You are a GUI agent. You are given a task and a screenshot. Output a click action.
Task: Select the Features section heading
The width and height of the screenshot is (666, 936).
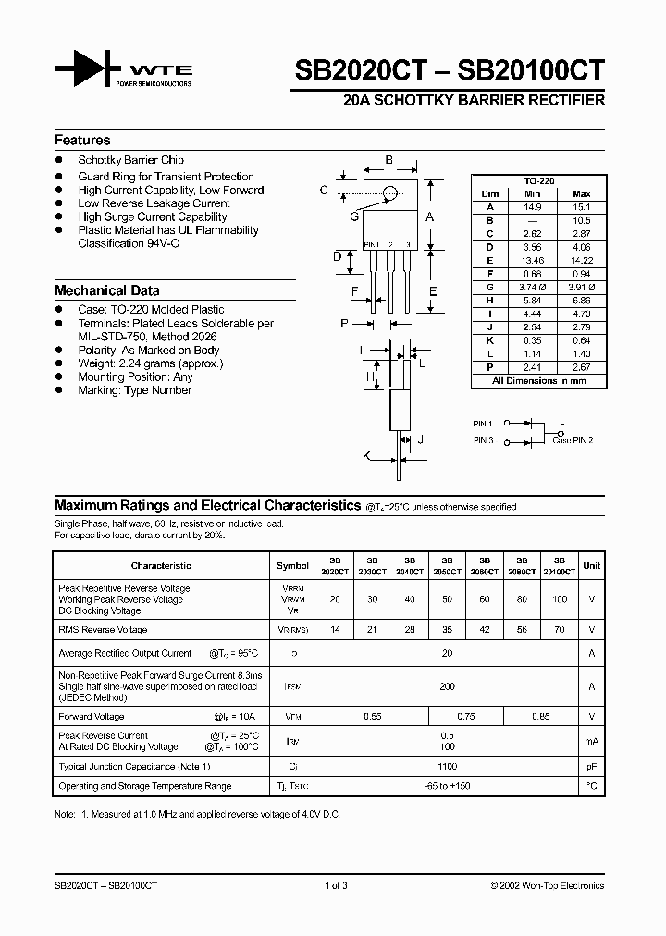point(82,141)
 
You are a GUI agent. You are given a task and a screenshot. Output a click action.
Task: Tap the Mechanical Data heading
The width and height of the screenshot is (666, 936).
point(106,290)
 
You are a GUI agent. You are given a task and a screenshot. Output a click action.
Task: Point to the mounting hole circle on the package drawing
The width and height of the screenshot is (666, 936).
point(390,193)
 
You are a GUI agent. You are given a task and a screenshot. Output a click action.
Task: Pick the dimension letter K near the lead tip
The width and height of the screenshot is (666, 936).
point(366,457)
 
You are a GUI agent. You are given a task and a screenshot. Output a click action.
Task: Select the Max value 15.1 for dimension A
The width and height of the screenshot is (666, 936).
point(582,207)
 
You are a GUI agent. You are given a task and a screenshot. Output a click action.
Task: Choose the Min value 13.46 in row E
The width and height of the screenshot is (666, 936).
point(533,261)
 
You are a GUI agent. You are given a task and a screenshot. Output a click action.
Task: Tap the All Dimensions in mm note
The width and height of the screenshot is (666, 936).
point(538,381)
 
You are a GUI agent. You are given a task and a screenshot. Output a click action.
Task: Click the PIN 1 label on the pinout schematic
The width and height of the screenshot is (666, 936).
point(483,423)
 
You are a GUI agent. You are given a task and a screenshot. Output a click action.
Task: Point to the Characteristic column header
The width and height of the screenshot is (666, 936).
point(161,565)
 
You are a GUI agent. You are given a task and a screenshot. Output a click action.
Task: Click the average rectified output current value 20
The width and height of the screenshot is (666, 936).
point(447,653)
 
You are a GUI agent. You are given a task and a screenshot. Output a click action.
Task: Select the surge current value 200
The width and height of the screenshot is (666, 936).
point(447,687)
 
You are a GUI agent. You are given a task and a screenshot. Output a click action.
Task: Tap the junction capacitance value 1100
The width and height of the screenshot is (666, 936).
point(447,767)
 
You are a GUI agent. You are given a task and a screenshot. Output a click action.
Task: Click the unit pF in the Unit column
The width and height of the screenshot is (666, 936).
point(591,767)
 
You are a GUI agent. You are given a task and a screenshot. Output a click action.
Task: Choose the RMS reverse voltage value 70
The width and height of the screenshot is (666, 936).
point(558,630)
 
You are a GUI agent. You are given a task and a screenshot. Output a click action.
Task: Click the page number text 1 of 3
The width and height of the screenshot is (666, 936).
point(336,886)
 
